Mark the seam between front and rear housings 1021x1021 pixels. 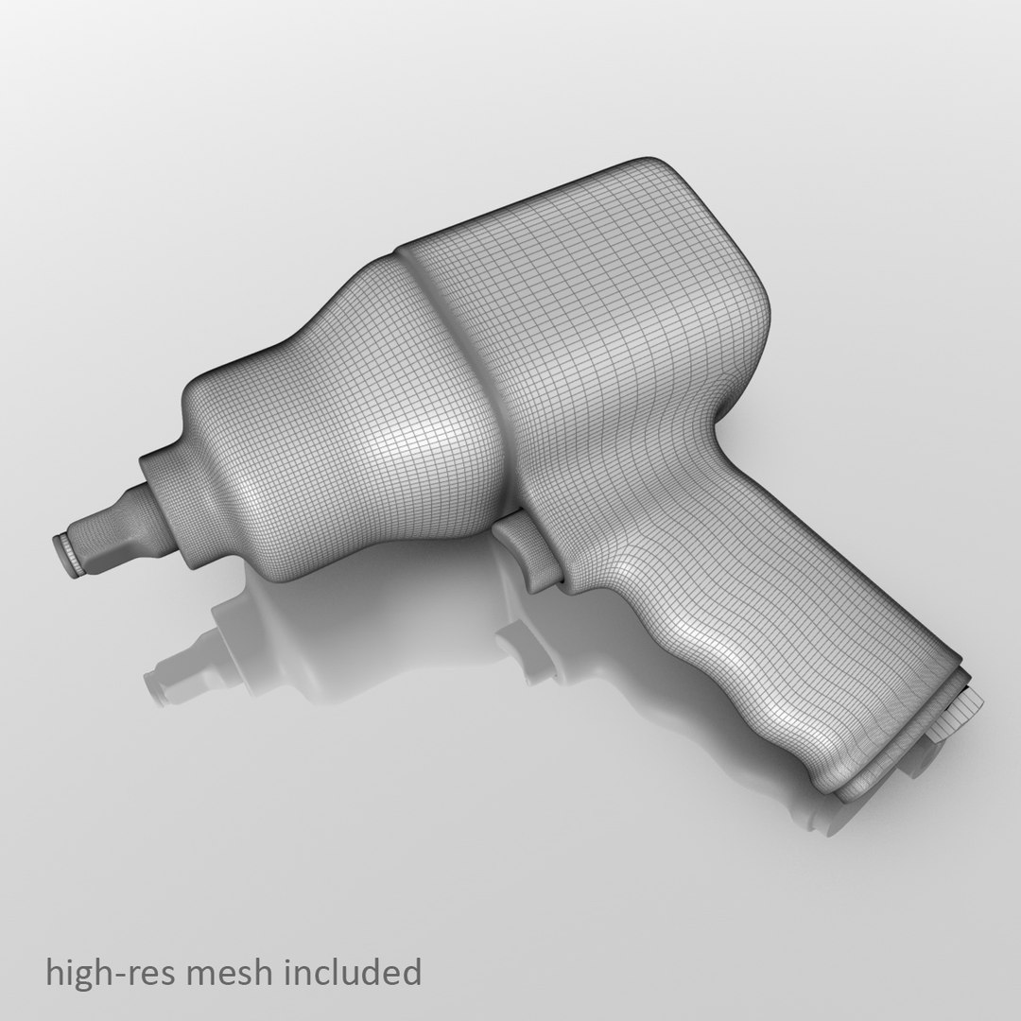click(x=444, y=312)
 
